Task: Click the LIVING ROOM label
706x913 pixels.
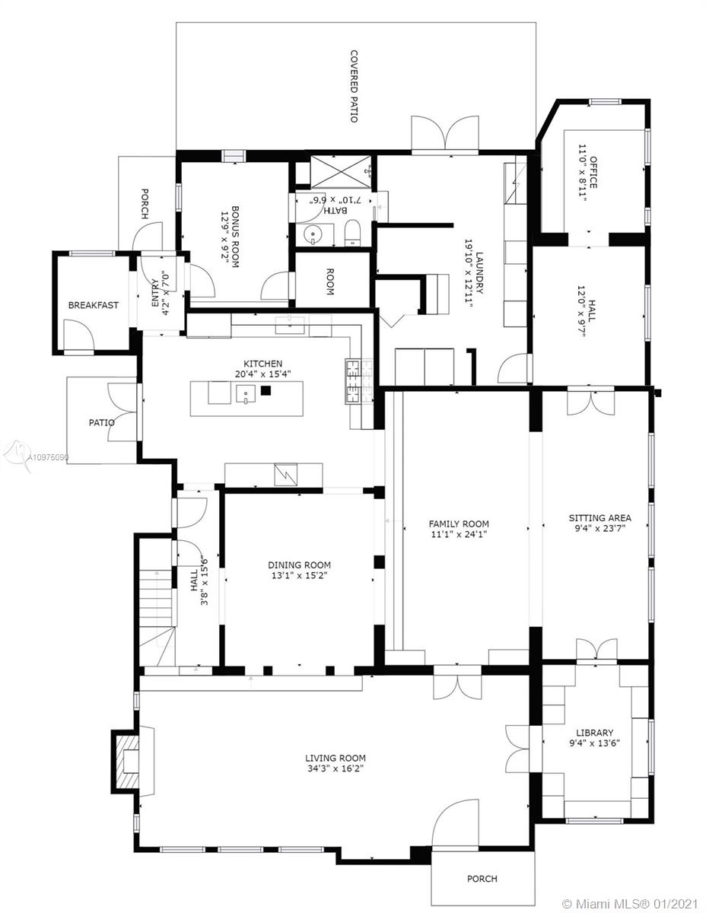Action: [x=336, y=758]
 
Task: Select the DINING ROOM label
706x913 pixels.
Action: [x=299, y=565]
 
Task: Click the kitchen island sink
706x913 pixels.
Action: [x=246, y=394]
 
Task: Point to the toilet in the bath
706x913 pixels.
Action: [x=353, y=233]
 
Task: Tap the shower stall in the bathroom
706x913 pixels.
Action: [x=341, y=171]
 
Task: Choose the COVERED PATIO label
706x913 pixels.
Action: [x=354, y=86]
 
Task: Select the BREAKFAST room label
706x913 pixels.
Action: [x=94, y=305]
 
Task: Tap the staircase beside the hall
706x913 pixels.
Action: [x=156, y=616]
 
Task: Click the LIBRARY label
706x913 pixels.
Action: [x=594, y=733]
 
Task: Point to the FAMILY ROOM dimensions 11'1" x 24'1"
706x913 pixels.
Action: [x=459, y=534]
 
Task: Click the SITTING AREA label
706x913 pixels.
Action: [x=599, y=517]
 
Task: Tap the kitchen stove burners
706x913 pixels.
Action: [x=360, y=381]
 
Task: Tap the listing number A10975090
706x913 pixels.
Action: [x=48, y=457]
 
